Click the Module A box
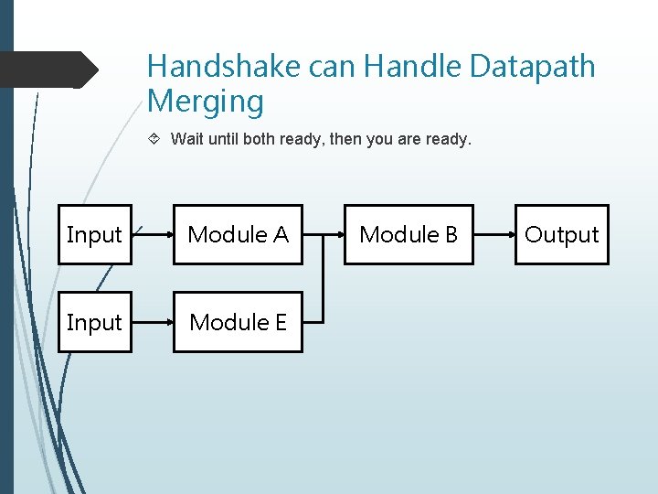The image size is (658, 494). click(238, 235)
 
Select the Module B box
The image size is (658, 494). click(408, 235)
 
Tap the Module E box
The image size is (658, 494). click(238, 323)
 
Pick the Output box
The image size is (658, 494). click(561, 235)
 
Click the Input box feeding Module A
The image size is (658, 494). click(94, 235)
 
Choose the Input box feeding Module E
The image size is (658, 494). click(94, 323)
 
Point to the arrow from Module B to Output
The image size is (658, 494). click(493, 235)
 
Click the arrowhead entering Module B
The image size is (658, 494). click(339, 235)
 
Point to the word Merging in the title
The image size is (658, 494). click(205, 102)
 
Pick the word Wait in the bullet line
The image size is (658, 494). click(187, 140)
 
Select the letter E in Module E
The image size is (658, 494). click(279, 323)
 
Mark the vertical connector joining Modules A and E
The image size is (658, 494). click(323, 279)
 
